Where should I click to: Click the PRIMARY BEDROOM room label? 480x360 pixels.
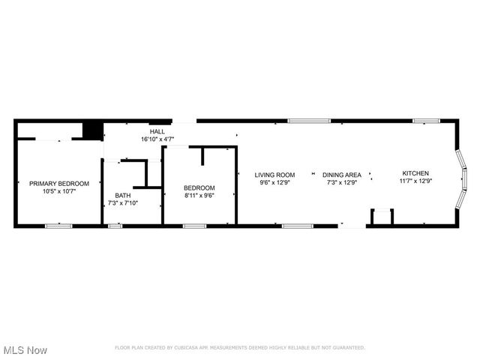tap(59, 184)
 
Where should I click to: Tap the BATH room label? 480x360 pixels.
tap(123, 195)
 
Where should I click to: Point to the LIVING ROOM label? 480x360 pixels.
tap(274, 174)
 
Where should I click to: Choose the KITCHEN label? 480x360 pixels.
tap(415, 173)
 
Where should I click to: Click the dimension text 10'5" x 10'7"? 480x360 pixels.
tap(59, 191)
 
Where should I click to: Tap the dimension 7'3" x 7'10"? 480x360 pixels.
tap(123, 202)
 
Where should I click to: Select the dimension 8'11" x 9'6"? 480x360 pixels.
tap(199, 195)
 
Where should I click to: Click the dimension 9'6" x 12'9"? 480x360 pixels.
tap(274, 181)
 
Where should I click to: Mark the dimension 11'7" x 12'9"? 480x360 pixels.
tap(415, 181)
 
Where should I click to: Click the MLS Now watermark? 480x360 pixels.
tap(25, 350)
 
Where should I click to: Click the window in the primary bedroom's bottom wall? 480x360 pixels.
tap(58, 225)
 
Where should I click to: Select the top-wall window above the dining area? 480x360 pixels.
tap(309, 120)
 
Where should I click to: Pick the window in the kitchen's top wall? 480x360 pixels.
tap(426, 120)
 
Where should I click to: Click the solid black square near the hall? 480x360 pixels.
tap(91, 130)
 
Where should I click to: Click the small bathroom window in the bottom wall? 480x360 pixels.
tap(115, 225)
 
